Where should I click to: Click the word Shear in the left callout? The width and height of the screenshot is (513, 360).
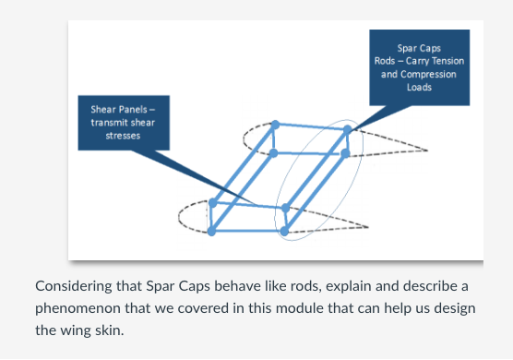pos(101,109)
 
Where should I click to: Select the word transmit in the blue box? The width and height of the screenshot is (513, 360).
pos(106,122)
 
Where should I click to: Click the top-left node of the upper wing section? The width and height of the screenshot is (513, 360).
pos(275,124)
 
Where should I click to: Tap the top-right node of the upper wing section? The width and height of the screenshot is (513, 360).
pos(347,130)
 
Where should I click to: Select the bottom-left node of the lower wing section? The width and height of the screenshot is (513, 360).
pos(212,231)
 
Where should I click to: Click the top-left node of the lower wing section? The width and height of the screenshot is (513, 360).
pos(213,202)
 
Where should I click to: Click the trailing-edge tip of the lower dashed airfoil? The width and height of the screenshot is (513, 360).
pos(368,225)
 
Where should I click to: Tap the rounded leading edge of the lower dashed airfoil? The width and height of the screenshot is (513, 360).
pos(181,218)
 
